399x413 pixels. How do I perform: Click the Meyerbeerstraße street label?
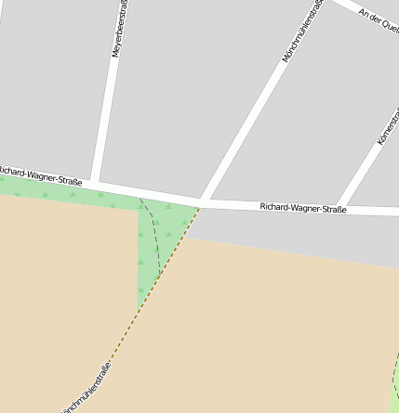[120, 30]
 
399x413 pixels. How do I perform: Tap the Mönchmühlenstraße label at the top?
[303, 32]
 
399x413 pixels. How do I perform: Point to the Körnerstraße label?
[387, 124]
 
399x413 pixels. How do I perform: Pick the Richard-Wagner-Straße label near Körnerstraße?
[302, 209]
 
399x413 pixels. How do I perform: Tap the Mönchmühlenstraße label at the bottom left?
[86, 390]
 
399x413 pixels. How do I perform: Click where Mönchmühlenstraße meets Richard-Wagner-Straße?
[204, 200]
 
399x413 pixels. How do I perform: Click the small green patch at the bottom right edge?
[393, 390]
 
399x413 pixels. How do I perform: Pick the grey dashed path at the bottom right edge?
[393, 371]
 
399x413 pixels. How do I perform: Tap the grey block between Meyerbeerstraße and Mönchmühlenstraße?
[186, 93]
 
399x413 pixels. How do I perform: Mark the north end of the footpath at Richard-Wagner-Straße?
[140, 198]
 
